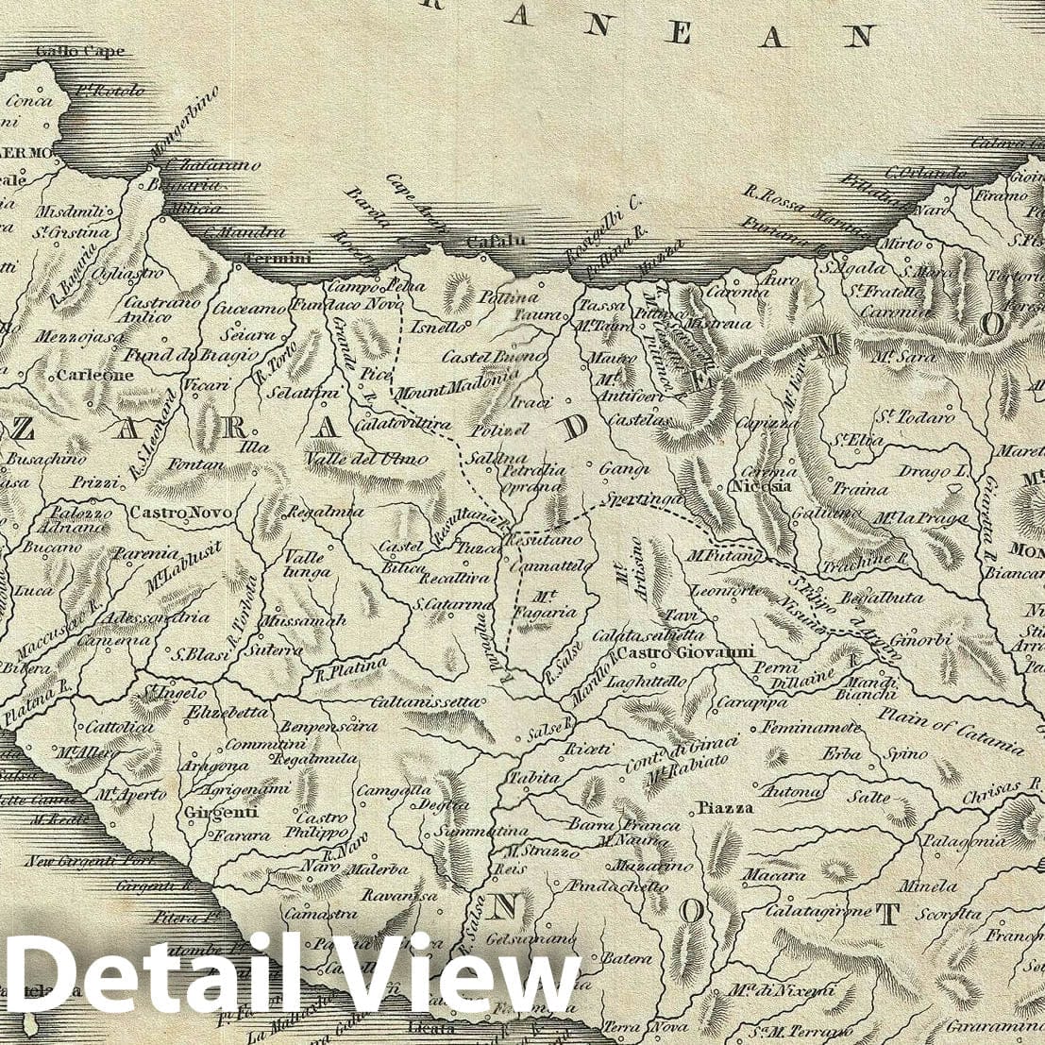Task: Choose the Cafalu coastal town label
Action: (x=491, y=242)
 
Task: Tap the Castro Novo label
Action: (x=168, y=514)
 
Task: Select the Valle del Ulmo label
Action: (x=366, y=459)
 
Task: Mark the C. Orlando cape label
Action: (x=925, y=173)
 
